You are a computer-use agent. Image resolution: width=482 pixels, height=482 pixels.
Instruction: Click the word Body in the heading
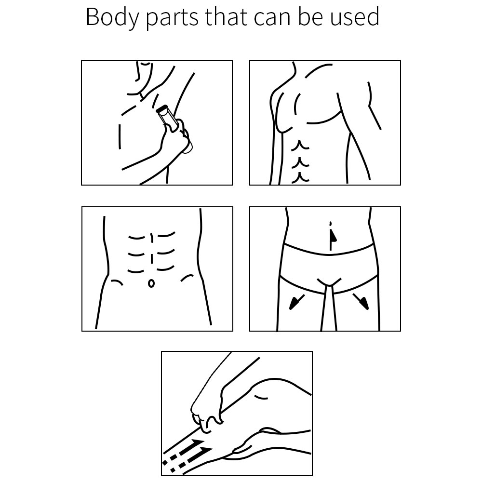click(112, 18)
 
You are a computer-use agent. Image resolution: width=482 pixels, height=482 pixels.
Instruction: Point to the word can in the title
click(272, 19)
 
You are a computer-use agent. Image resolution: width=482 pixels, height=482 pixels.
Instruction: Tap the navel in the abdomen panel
click(151, 283)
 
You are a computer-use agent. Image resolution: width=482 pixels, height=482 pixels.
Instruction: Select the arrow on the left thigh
click(296, 302)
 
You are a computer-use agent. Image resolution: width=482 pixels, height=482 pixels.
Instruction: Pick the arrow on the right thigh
click(361, 302)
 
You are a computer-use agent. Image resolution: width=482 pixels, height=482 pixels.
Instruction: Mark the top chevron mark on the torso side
click(300, 145)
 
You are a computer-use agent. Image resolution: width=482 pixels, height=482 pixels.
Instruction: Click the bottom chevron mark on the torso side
click(300, 177)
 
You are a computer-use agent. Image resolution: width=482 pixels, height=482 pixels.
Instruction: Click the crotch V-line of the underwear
click(329, 282)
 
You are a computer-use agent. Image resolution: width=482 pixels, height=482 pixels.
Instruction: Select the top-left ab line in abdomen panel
click(136, 238)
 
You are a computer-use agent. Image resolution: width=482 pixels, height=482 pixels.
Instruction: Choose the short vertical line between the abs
click(151, 259)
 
